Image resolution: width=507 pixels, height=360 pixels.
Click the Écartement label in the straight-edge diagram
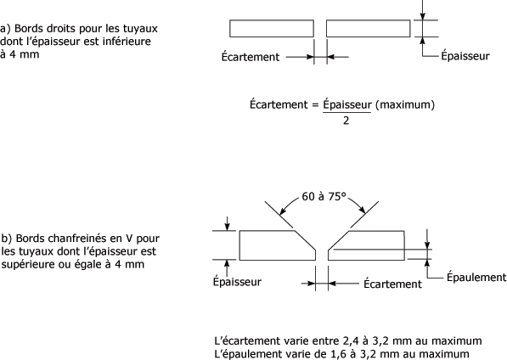point(251,57)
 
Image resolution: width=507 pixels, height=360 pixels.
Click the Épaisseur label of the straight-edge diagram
point(465,55)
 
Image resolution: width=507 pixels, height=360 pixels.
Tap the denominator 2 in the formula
point(346,121)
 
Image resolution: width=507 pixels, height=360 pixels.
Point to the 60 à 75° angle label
point(324,196)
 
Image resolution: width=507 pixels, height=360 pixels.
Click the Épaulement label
point(476,278)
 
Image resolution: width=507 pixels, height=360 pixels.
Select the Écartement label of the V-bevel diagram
point(392,284)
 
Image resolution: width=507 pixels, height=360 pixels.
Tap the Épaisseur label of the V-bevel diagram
point(237,282)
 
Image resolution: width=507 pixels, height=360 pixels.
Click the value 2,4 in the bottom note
point(348,341)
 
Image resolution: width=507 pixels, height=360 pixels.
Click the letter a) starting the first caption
point(5,29)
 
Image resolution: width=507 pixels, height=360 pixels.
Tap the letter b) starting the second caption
point(7,239)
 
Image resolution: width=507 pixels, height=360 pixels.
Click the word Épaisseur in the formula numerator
point(347,104)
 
